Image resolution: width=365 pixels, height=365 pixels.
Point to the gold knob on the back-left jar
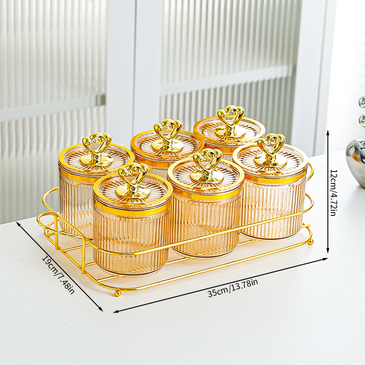point(96,150)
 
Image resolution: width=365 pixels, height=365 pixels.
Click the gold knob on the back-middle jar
point(167,135)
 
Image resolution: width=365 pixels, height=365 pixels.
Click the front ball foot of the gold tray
point(118,292)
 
